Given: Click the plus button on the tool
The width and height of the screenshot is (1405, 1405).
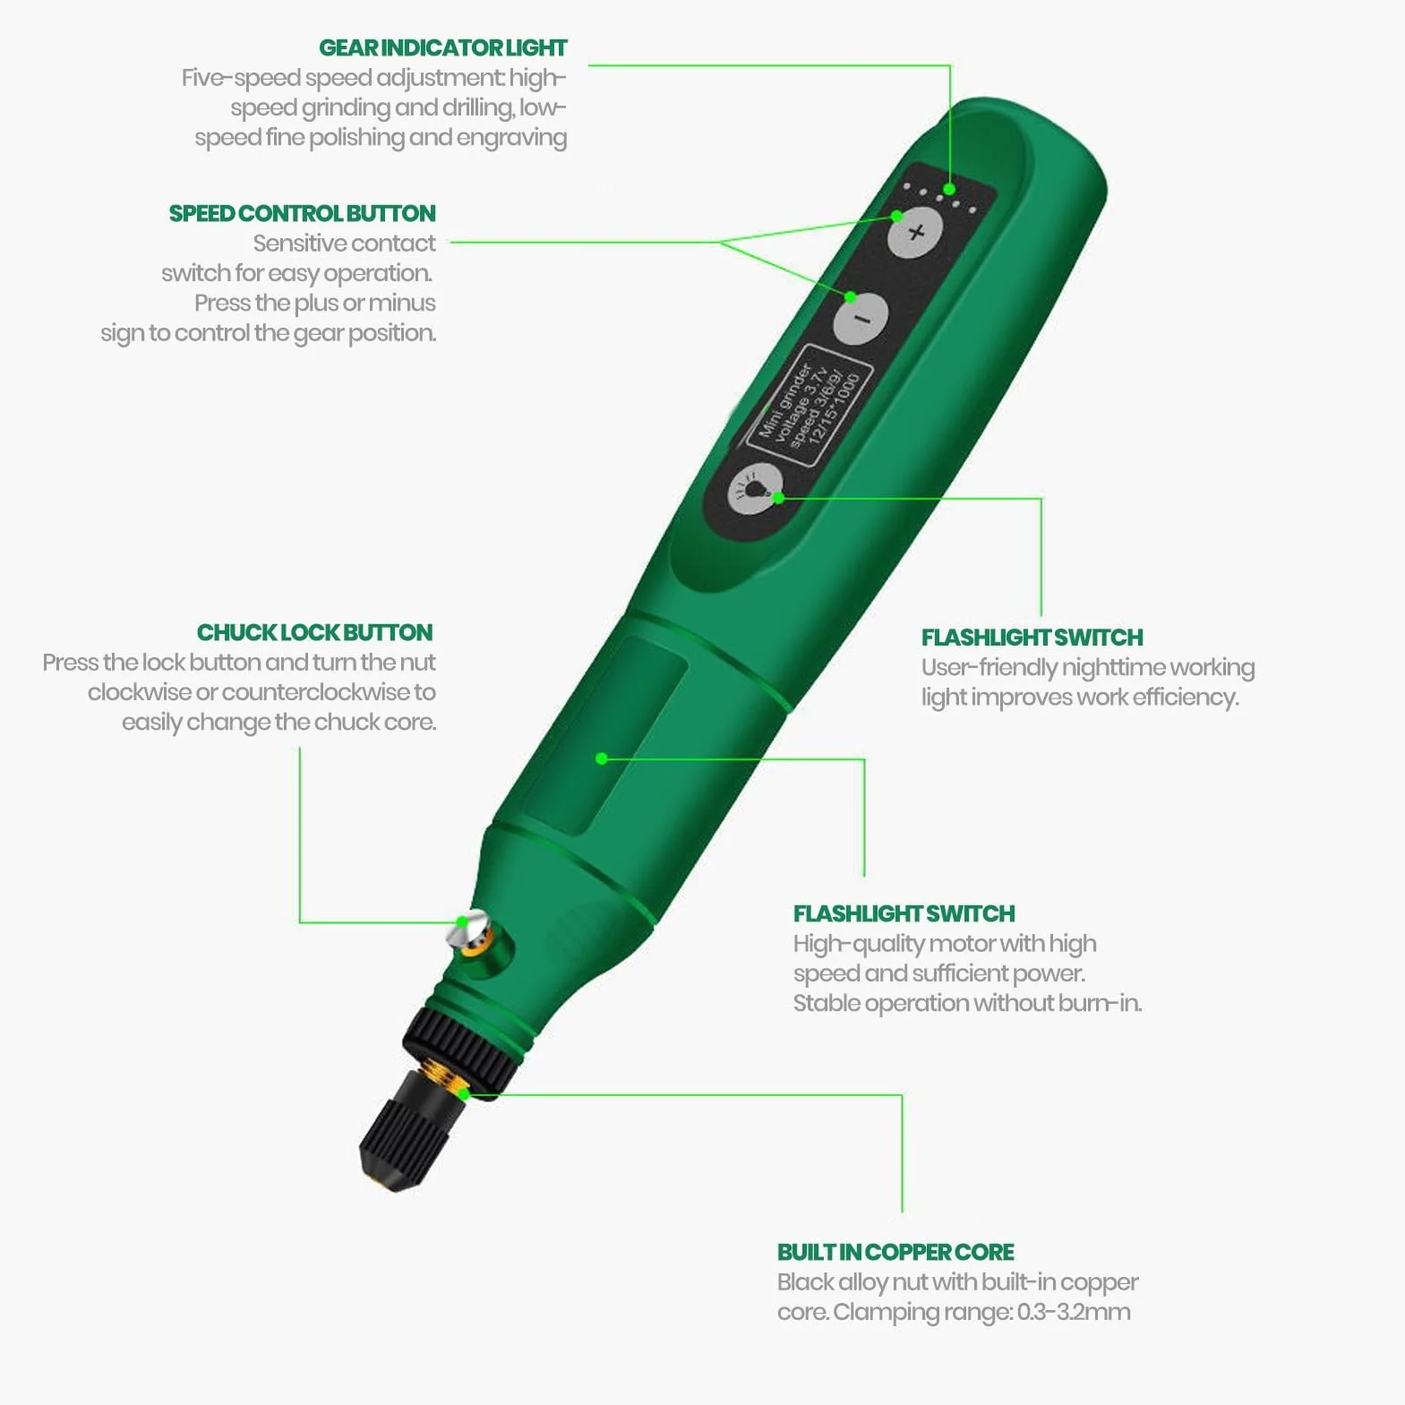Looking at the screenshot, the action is tap(915, 233).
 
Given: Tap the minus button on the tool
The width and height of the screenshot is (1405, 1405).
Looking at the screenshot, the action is tap(861, 318).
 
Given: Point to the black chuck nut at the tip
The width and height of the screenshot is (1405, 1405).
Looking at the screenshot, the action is tap(402, 1133).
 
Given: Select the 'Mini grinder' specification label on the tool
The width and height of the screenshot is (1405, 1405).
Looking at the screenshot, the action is tap(810, 405).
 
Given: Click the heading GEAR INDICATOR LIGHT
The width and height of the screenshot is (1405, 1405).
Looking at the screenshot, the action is tap(443, 47).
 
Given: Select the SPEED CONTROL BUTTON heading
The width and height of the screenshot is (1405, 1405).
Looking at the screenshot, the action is tap(303, 213).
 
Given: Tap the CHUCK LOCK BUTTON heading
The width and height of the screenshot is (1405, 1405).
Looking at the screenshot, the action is tap(314, 632).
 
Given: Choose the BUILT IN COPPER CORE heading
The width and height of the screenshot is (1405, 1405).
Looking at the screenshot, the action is tap(895, 1252).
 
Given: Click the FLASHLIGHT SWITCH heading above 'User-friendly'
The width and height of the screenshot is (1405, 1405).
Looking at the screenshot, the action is tap(1032, 638).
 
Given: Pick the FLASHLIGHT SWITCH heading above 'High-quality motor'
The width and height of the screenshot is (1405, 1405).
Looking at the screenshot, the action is tap(904, 913).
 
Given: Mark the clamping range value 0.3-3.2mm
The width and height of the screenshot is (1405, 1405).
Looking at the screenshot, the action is tap(1074, 1312).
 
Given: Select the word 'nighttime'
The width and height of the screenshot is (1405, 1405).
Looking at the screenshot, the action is tap(1114, 668).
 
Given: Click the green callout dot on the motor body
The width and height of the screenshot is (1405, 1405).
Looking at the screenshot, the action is tap(602, 758).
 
